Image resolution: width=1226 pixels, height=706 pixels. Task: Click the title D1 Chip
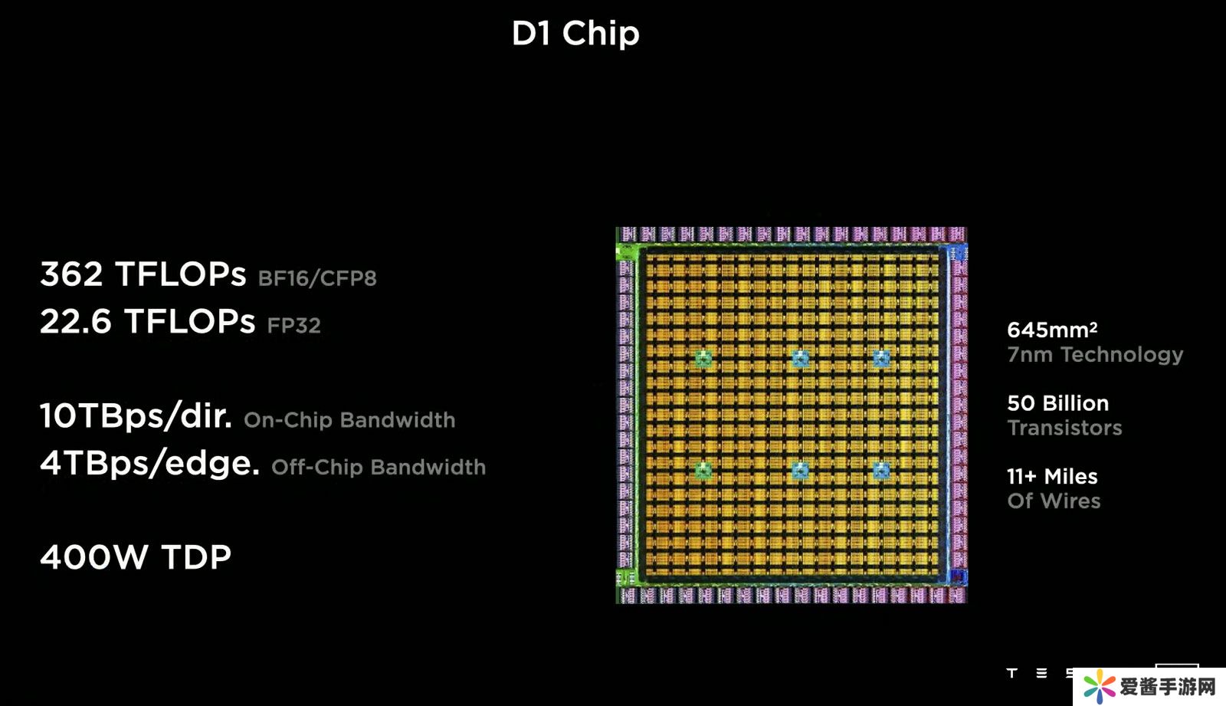coord(575,34)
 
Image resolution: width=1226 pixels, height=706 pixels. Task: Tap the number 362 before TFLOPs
coord(71,274)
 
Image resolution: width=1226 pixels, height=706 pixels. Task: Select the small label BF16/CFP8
coord(317,278)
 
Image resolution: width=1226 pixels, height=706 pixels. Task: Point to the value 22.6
coord(75,322)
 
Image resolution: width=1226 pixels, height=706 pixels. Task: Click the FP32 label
coord(293,326)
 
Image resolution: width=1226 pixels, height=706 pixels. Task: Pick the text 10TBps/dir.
coord(136,416)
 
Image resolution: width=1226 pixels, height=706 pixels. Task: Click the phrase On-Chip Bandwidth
coord(349,420)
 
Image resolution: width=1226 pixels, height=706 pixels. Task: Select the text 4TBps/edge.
coord(149,464)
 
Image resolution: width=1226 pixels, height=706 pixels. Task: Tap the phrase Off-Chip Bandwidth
coord(379,468)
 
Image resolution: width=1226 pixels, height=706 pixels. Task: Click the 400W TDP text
coord(136,557)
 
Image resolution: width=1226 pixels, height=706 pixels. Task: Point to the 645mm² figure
coord(1052,330)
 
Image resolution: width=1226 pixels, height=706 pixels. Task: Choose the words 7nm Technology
coord(1095,355)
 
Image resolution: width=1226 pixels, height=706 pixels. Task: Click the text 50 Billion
coord(1057,403)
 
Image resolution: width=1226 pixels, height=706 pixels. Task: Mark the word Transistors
coord(1064,428)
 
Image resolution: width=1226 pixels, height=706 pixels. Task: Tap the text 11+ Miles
coord(1052,477)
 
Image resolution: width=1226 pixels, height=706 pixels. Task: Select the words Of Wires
coord(1054,501)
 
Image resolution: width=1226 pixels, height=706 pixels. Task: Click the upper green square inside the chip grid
coord(703,358)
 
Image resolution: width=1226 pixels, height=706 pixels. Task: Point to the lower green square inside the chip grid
coord(703,470)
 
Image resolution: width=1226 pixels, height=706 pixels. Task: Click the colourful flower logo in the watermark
coord(1100,686)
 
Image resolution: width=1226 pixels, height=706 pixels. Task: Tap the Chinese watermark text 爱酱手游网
coord(1168,687)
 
